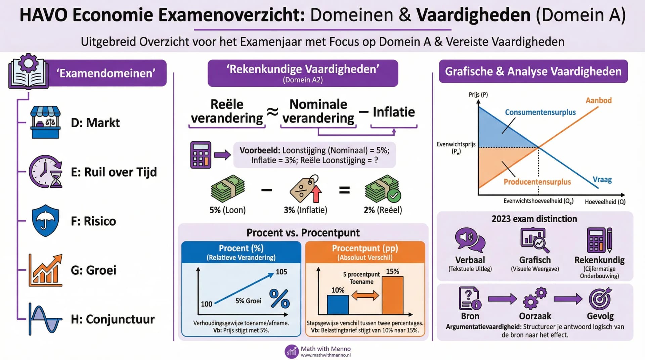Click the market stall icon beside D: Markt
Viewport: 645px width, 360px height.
tap(45, 122)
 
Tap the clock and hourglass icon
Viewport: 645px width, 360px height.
tap(46, 172)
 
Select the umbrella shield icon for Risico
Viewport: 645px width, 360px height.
tap(45, 221)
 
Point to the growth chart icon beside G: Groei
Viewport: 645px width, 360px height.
tap(46, 270)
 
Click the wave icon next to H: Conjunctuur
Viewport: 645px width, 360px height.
tap(45, 319)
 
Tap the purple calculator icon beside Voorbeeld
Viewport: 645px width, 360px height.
tap(201, 155)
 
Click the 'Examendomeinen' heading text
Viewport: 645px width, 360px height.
tap(106, 73)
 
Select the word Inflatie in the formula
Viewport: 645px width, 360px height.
tap(394, 112)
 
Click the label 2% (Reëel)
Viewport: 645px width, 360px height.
tap(383, 210)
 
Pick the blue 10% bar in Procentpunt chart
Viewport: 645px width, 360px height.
tap(338, 305)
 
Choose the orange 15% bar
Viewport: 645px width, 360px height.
tap(392, 295)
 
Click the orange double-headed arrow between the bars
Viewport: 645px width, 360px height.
tap(365, 296)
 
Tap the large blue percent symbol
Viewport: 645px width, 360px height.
tap(279, 299)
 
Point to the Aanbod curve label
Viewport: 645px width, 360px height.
tap(599, 100)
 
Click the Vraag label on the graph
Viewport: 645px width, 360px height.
tap(602, 179)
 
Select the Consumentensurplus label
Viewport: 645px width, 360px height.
tap(540, 112)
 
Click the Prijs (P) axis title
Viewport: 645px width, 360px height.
tap(478, 95)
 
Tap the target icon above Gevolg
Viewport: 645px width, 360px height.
tap(600, 298)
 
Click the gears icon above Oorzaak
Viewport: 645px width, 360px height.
tap(535, 298)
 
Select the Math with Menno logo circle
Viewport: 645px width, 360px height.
tap(291, 351)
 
